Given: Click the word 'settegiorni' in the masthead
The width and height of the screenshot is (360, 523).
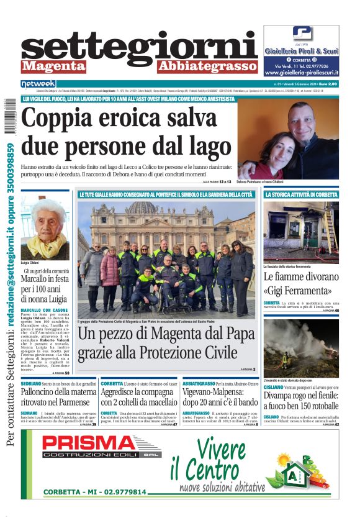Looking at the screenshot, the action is coord(139,48).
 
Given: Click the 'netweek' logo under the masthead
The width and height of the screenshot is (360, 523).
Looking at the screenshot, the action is coord(38,83).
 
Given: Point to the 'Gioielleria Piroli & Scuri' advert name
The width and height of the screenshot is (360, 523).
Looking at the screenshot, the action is coord(301,52).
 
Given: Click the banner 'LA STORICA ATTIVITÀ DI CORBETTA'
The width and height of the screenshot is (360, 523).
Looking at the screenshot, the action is coord(301,195).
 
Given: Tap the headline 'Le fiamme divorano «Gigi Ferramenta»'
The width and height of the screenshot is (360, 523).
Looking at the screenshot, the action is coord(300,283).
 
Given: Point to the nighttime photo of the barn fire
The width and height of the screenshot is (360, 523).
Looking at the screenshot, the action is coord(301,348).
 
